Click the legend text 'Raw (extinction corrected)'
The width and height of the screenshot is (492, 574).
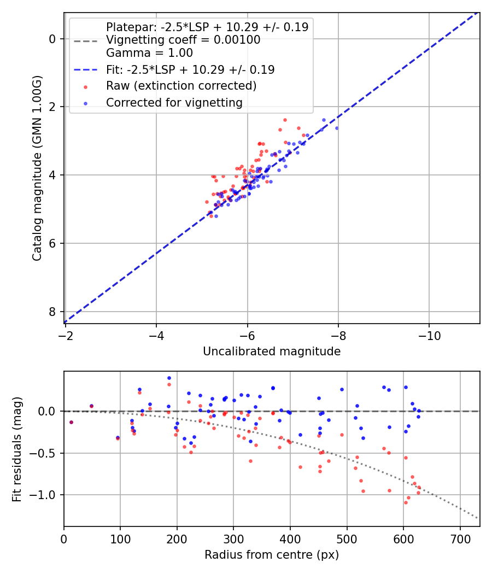point(181,86)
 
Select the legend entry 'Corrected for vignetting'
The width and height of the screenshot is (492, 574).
point(174,102)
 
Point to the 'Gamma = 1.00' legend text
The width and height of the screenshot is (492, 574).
point(149,53)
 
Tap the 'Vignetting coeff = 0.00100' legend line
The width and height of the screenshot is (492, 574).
point(183,40)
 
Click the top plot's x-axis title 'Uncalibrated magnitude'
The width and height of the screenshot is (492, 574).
point(272,352)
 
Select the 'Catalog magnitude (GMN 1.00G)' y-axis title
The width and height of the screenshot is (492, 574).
point(37,167)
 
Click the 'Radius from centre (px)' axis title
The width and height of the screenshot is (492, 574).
point(272,555)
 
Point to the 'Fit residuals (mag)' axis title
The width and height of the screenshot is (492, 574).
point(17,449)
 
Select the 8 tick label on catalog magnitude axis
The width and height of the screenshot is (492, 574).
point(52,312)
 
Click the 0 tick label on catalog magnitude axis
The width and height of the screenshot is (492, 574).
point(52,38)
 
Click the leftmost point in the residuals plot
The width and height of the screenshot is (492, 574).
point(71,422)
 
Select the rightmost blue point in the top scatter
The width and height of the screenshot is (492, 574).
point(337,128)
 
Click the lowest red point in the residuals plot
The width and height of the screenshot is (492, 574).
point(406,502)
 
